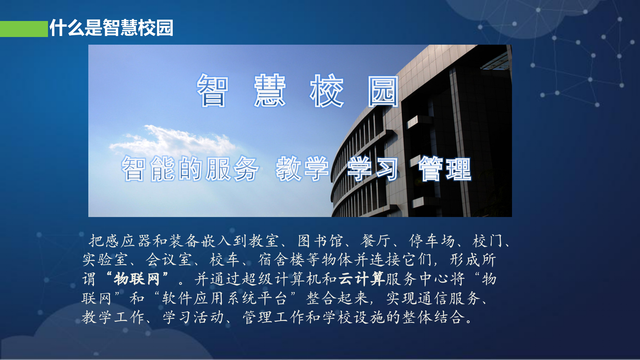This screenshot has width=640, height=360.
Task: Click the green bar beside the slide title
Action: click(x=24, y=29)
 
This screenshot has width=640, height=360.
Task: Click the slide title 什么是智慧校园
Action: click(x=111, y=28)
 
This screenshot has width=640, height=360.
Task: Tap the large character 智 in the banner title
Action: click(x=213, y=91)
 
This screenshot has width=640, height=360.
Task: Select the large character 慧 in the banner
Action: click(x=270, y=91)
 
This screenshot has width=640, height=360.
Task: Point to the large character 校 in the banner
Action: click(x=327, y=91)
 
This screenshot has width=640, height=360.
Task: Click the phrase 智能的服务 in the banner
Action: click(x=190, y=169)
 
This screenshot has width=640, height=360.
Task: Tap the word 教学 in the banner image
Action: click(x=302, y=169)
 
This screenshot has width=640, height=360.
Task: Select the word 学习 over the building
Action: click(x=373, y=169)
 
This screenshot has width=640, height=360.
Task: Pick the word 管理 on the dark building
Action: click(x=444, y=169)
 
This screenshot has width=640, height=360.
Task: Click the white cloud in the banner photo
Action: click(x=173, y=140)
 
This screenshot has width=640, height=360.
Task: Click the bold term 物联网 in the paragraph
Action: click(x=137, y=279)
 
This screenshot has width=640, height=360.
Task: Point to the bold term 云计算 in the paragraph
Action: click(x=362, y=279)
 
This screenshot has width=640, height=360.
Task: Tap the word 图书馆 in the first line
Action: click(x=320, y=241)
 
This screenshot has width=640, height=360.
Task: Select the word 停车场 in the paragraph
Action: click(x=432, y=241)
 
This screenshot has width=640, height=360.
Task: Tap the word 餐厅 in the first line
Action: click(x=375, y=241)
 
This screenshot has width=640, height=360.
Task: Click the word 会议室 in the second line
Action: click(x=169, y=260)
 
